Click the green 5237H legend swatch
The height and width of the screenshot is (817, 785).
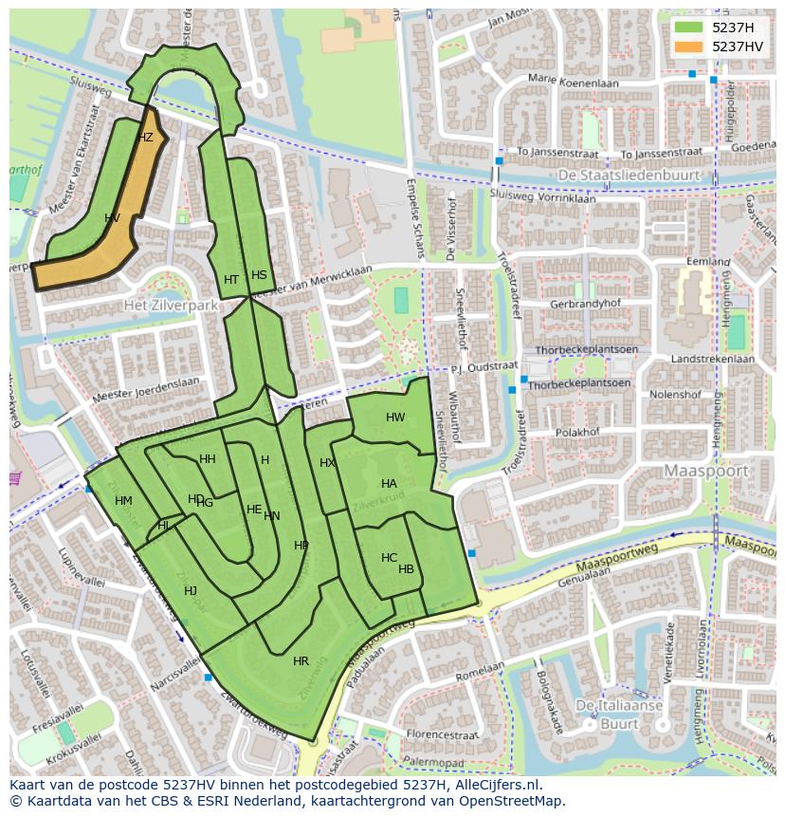[688, 28]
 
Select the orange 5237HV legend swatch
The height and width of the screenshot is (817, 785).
[688, 46]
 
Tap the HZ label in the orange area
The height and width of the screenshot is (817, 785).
[145, 138]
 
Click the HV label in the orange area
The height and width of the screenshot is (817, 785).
[112, 218]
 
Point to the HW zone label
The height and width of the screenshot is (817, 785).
[395, 418]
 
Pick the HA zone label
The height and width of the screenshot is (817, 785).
[389, 484]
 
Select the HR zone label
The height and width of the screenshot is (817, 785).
[301, 661]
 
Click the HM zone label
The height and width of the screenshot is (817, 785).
[123, 501]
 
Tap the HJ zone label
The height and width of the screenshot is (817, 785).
[191, 591]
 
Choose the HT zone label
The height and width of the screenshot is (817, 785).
[231, 280]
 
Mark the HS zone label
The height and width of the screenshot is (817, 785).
[259, 275]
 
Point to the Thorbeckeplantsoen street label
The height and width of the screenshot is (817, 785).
[580, 384]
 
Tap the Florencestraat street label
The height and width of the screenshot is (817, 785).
[437, 733]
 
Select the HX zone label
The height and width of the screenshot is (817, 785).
[327, 463]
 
